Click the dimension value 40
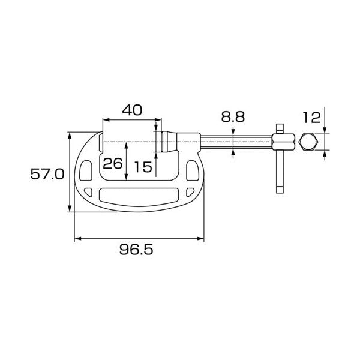tap(132, 110)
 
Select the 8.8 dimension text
tap(233, 117)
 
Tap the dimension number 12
tap(311, 118)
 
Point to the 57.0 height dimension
tap(47, 174)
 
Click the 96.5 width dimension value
tap(136, 250)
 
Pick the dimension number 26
tap(113, 164)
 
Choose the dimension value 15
tap(143, 167)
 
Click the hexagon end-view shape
tap(308, 142)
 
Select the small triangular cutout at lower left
tap(89, 192)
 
